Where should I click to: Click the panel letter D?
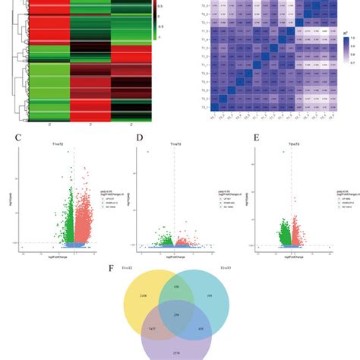click(x=138, y=139)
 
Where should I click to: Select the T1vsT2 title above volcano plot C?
click(x=75, y=145)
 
